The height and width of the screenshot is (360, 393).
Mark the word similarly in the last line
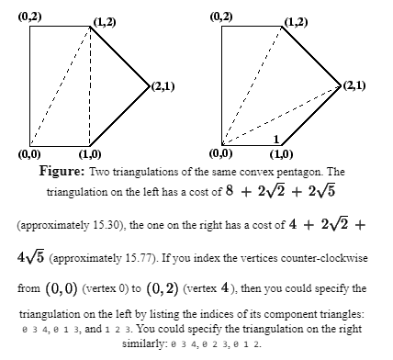(140, 342)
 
